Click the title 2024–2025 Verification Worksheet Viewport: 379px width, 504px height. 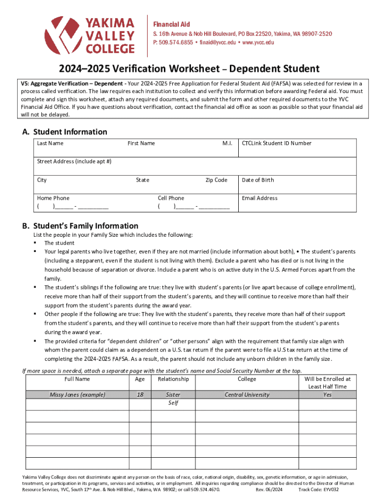[189, 68]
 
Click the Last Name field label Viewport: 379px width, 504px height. [50, 143]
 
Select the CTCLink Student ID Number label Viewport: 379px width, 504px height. [277, 143]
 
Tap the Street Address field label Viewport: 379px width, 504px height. [74, 161]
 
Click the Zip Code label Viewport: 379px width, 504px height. [216, 180]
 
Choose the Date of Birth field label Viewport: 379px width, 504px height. [257, 180]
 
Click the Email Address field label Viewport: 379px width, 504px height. [259, 198]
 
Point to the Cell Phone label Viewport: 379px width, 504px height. [171, 198]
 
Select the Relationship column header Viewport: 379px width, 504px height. [173, 379]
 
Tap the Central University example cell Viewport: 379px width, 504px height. [247, 394]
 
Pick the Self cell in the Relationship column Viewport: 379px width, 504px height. [173, 403]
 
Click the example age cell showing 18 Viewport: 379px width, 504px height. [140, 394]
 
